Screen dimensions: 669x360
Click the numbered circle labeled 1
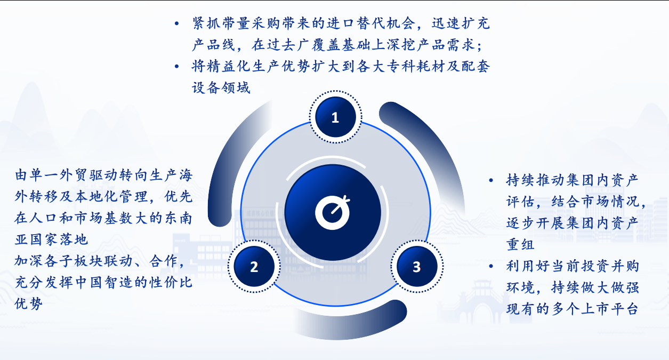click(x=335, y=117)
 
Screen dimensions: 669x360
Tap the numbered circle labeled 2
click(x=254, y=266)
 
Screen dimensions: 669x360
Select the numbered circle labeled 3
click(x=417, y=266)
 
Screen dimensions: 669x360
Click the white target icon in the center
click(x=333, y=212)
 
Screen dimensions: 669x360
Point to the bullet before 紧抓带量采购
click(x=177, y=23)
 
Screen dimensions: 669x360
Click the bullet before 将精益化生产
click(x=177, y=66)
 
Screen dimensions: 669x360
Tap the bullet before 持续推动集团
click(x=491, y=180)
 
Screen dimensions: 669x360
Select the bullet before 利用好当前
click(x=491, y=266)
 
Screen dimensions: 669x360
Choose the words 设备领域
click(x=221, y=88)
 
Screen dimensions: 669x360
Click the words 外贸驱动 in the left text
click(x=88, y=175)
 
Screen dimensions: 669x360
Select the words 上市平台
click(x=609, y=309)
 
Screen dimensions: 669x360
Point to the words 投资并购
click(x=609, y=266)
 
